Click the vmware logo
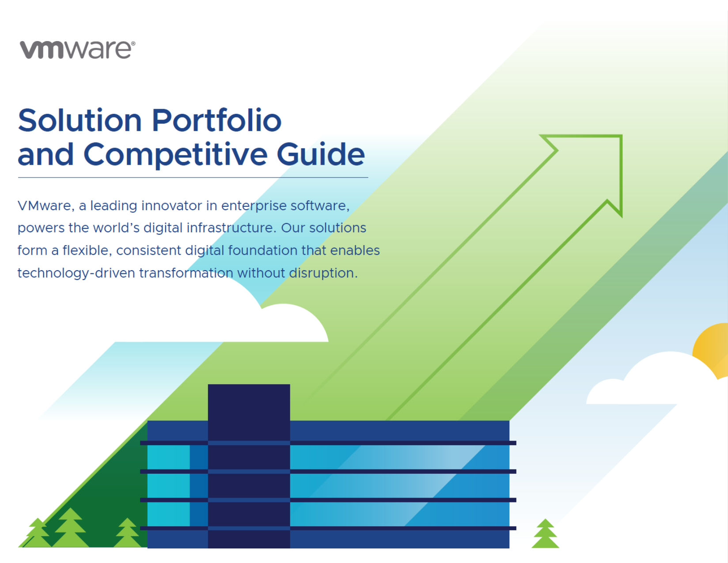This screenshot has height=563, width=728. coord(77,49)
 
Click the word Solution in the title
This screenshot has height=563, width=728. coord(80,120)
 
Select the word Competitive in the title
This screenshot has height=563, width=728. coord(175,154)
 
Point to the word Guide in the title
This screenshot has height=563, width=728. coord(321,154)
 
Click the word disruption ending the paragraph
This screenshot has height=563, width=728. coord(323,273)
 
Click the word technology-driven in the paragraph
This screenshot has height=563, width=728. coord(76,273)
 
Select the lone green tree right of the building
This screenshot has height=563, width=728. coord(545,533)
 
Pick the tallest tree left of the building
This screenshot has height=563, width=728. coord(70,528)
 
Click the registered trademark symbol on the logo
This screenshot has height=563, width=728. coord(133,44)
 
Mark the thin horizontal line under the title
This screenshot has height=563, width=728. coord(193,178)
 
